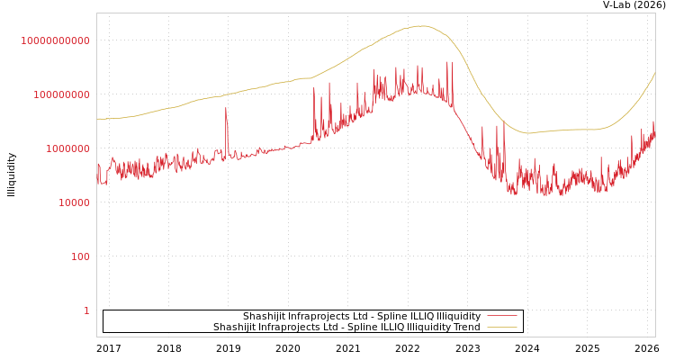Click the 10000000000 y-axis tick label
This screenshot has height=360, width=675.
[55, 40]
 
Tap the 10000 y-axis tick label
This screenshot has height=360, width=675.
[68, 202]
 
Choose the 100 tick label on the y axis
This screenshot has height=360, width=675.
[80, 256]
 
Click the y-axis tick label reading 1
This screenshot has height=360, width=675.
[86, 310]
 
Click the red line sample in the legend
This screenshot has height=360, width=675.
[501, 316]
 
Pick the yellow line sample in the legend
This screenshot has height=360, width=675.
[501, 327]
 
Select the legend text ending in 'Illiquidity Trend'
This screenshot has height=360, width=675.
[346, 327]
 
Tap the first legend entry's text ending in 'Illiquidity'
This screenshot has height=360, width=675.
[362, 316]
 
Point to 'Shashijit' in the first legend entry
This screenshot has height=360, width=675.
[265, 316]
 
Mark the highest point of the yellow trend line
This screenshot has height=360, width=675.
[421, 26]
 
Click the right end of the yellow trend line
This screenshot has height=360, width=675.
[654, 72]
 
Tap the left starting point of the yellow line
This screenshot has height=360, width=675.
[97, 119]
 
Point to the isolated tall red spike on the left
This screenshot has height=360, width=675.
[226, 109]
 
